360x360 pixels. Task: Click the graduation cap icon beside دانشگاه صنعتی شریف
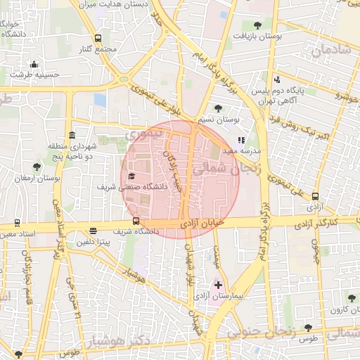131,176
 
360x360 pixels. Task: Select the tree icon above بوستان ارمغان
37,167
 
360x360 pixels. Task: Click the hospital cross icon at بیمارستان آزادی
218,285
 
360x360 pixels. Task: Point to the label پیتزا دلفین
92,242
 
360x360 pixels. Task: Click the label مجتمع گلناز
98,49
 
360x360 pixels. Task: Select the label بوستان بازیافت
257,35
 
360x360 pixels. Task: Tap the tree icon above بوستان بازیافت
258,24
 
